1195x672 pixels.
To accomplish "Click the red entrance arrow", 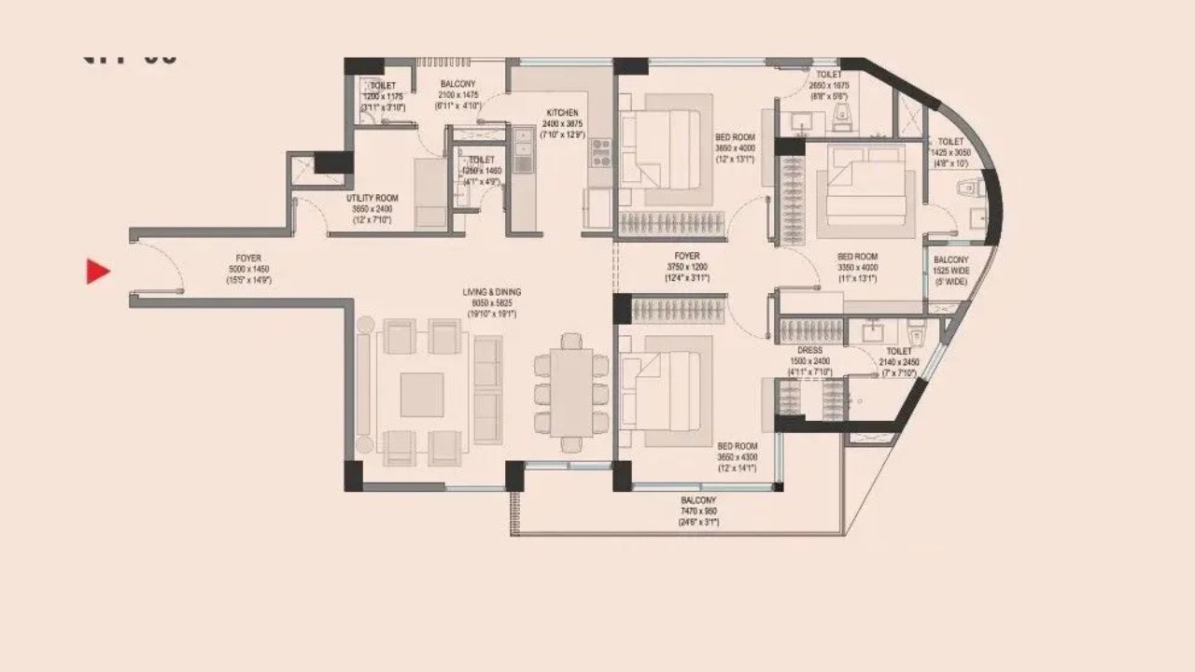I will click(98, 272).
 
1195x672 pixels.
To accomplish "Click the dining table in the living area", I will click(570, 392).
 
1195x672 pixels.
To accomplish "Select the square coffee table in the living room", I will click(422, 395).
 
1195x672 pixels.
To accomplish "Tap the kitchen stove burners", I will click(598, 152).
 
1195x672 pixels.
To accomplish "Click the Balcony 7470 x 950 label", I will click(698, 511).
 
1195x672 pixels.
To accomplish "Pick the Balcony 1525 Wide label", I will click(951, 271).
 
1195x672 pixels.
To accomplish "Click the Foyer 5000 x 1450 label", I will click(248, 268).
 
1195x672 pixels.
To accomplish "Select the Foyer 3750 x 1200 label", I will click(687, 266).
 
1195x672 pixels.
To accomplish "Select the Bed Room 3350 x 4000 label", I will click(857, 267).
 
